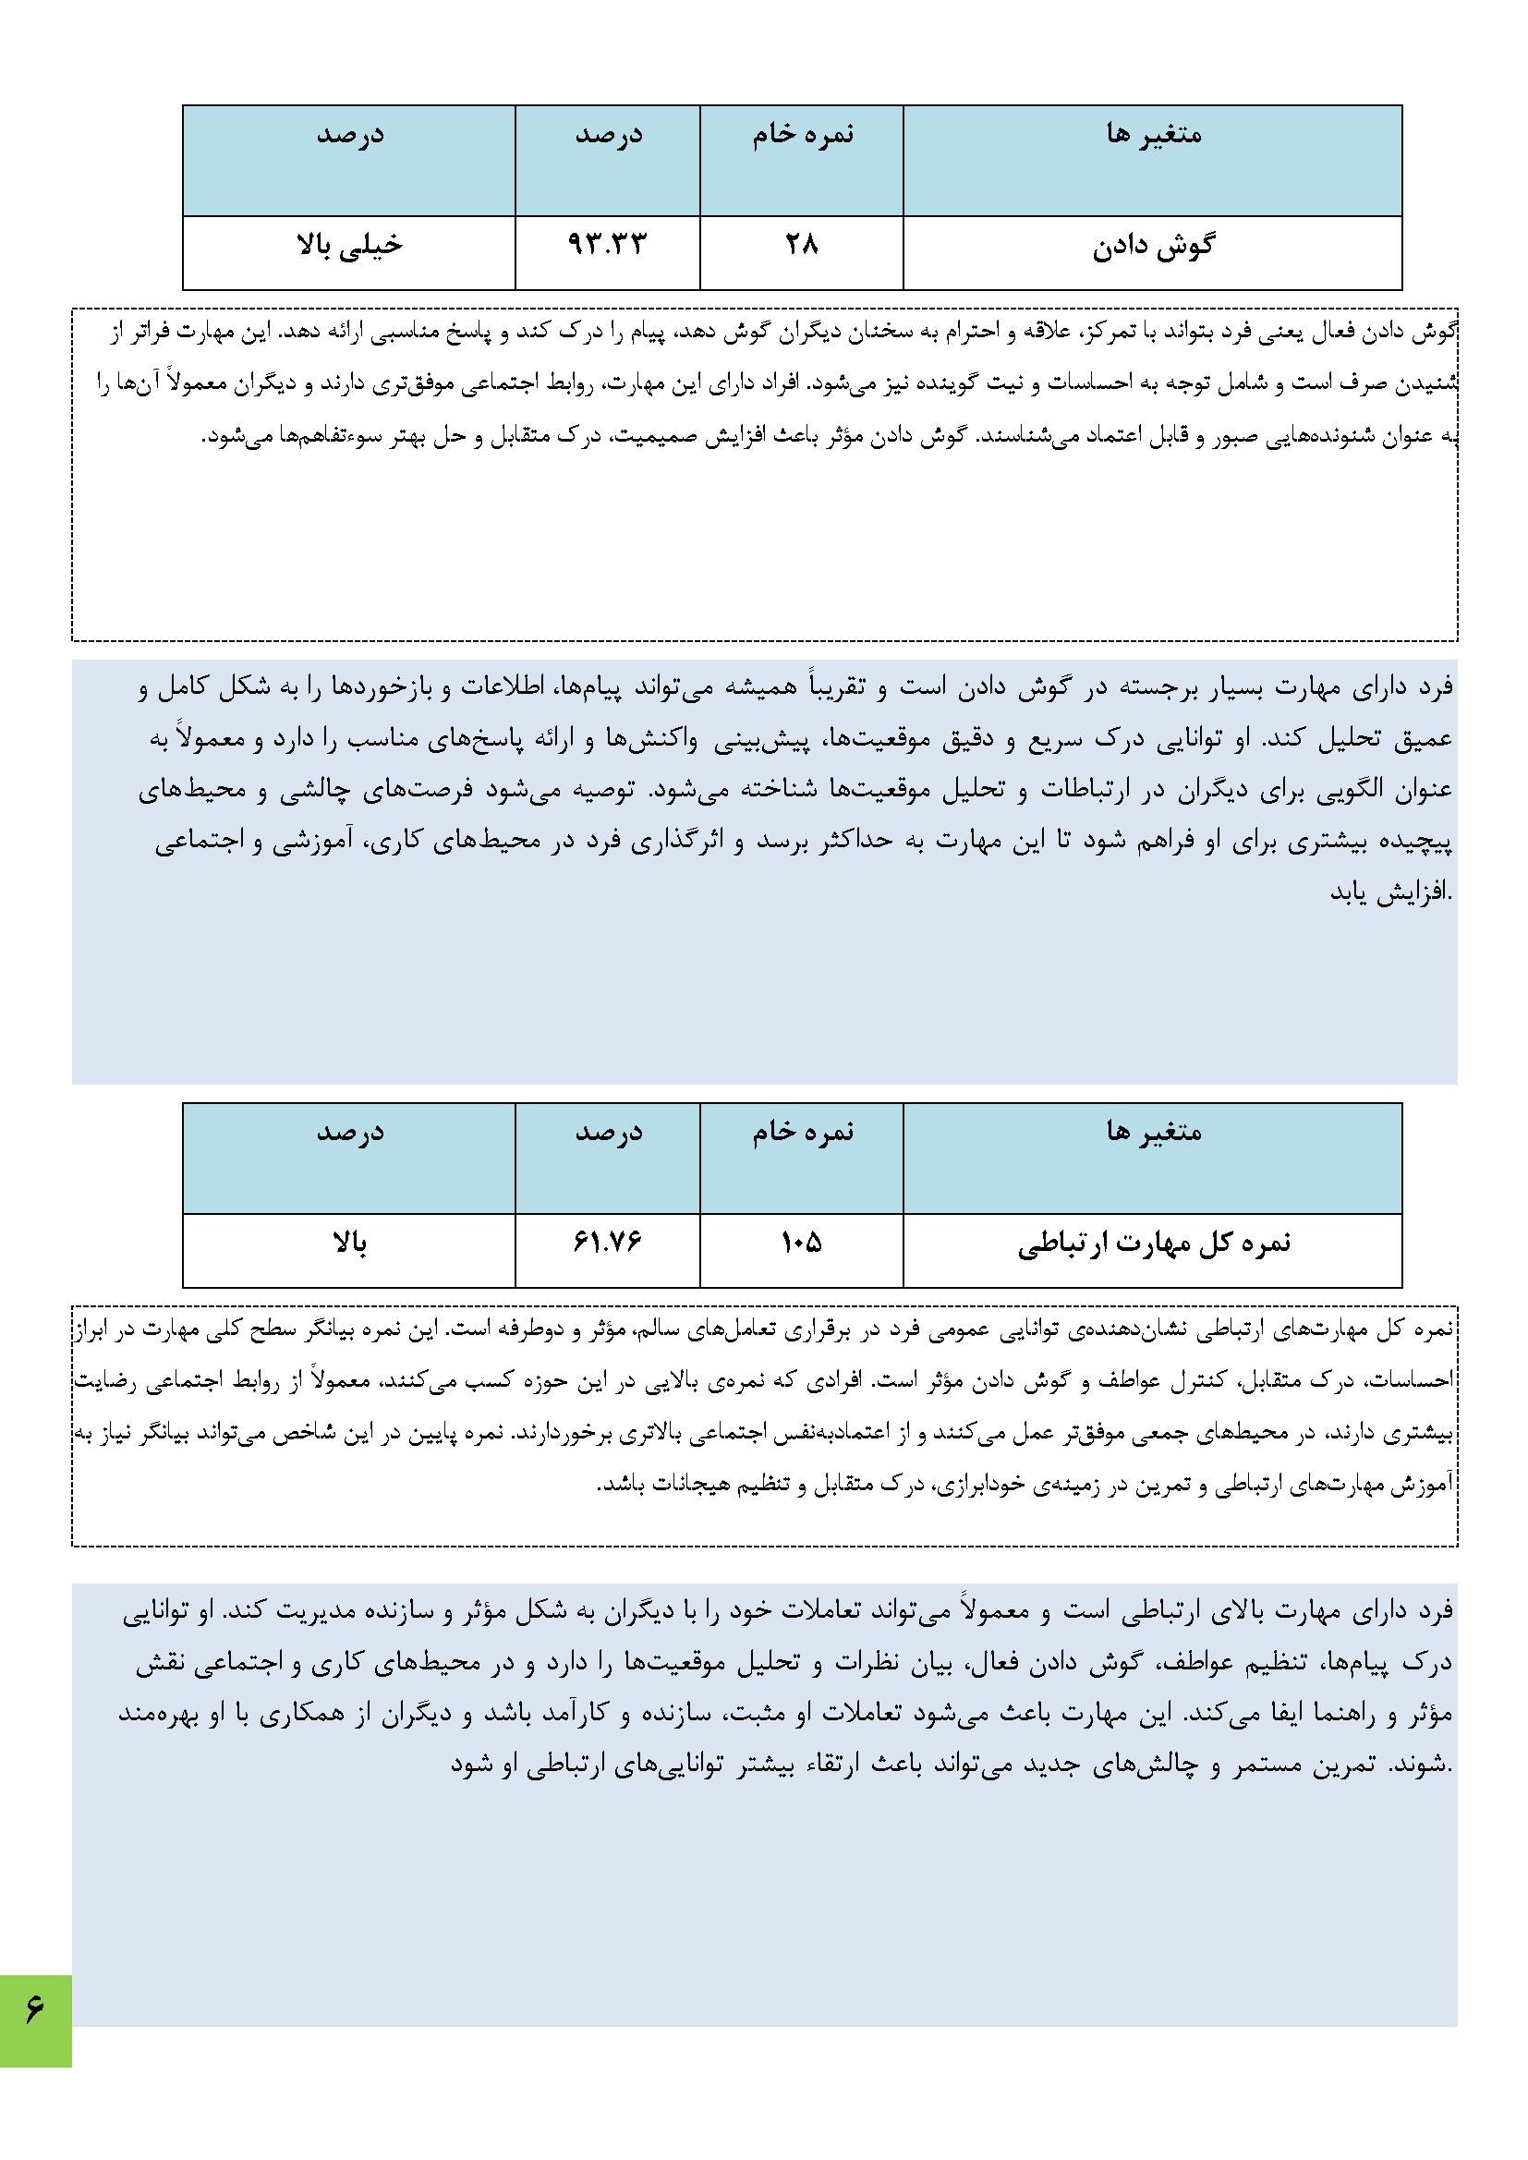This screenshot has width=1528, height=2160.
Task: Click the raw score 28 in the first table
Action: [x=801, y=246]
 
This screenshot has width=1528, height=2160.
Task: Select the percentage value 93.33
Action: [x=608, y=246]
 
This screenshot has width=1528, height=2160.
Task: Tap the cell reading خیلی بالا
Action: [x=348, y=246]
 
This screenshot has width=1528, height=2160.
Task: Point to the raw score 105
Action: [x=801, y=1244]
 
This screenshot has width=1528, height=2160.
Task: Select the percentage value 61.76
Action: [x=608, y=1244]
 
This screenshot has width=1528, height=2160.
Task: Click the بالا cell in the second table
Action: [x=348, y=1244]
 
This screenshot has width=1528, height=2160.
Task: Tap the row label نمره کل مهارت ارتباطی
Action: [x=1155, y=1244]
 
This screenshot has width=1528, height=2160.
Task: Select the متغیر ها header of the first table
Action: [x=1154, y=135]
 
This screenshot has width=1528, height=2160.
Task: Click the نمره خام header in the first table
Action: [x=802, y=135]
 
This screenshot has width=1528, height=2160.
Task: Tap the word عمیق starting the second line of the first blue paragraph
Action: [x=1427, y=739]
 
